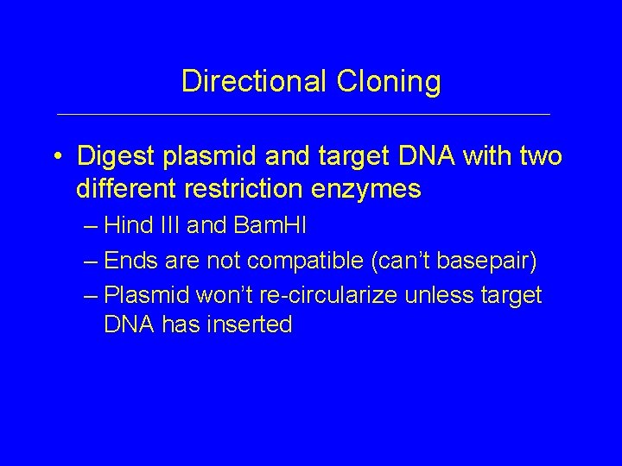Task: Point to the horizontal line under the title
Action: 302,114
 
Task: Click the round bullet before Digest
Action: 55,158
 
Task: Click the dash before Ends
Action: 92,261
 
